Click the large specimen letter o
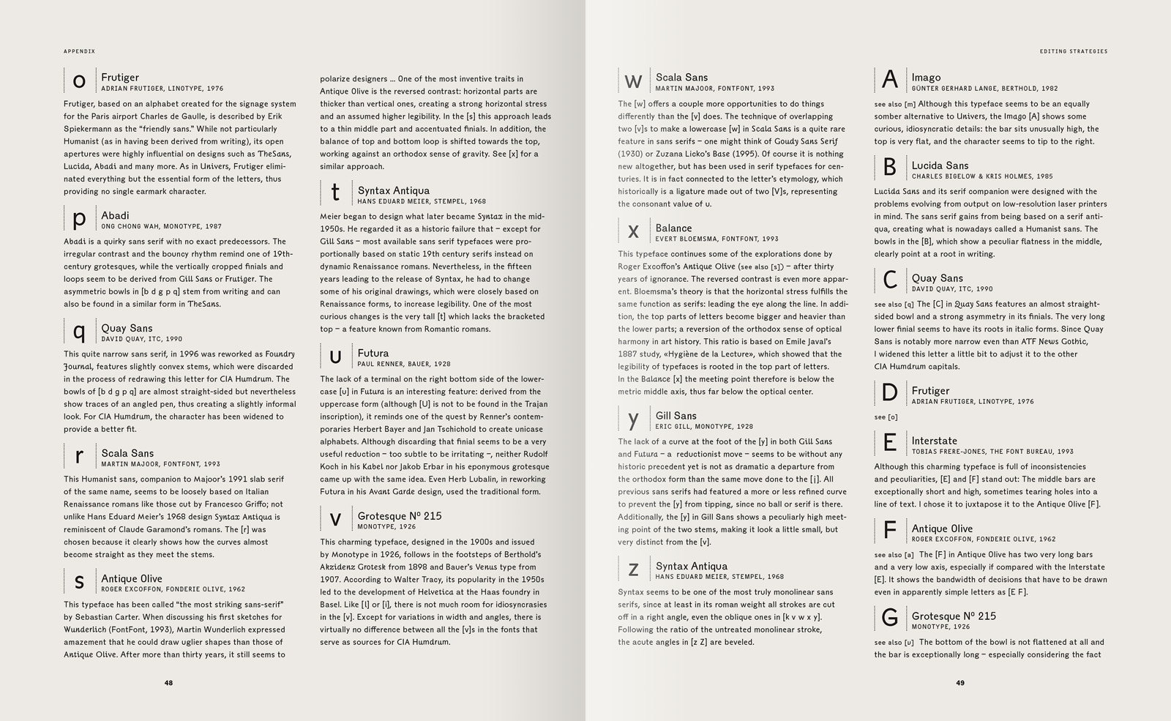pyautogui.click(x=79, y=81)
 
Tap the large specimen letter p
pyautogui.click(x=79, y=219)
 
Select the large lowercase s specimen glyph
pyautogui.click(x=79, y=582)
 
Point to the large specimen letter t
pyautogui.click(x=335, y=193)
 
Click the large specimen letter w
pyautogui.click(x=633, y=81)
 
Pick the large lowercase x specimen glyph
pyautogui.click(x=633, y=232)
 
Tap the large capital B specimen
pyautogui.click(x=889, y=168)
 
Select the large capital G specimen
pyautogui.click(x=889, y=619)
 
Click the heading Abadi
pyautogui.click(x=115, y=215)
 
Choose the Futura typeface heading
pyautogui.click(x=373, y=353)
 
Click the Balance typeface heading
pyautogui.click(x=673, y=228)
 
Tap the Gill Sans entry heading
pyautogui.click(x=676, y=415)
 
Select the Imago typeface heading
pyautogui.click(x=926, y=77)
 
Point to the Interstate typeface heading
pyautogui.click(x=934, y=441)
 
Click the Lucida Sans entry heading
pyautogui.click(x=940, y=165)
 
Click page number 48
pyautogui.click(x=168, y=683)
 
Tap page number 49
pyautogui.click(x=960, y=683)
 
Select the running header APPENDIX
pyautogui.click(x=79, y=51)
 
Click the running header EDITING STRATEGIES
pyautogui.click(x=1073, y=51)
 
